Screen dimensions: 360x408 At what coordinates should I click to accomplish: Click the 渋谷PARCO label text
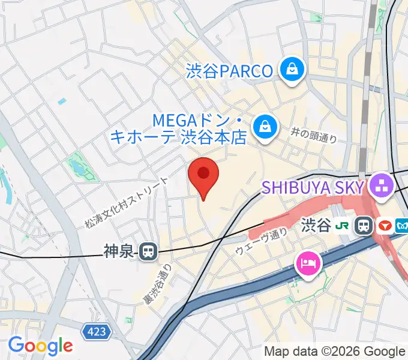click(x=229, y=71)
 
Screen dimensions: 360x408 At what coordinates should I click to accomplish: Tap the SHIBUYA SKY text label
click(x=312, y=188)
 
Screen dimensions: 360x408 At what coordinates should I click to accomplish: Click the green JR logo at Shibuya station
click(x=343, y=226)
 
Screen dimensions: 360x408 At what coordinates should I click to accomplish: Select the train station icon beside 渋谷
click(x=364, y=226)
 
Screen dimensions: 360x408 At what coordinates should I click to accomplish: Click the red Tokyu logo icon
click(x=385, y=226)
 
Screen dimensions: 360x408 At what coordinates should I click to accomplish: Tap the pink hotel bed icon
click(x=308, y=262)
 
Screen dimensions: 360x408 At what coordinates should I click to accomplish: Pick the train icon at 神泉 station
click(x=148, y=251)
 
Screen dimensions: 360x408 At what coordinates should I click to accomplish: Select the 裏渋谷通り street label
click(x=157, y=286)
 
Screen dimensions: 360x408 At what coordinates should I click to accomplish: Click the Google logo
click(x=40, y=346)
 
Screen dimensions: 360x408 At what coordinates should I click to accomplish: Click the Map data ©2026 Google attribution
click(x=335, y=352)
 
